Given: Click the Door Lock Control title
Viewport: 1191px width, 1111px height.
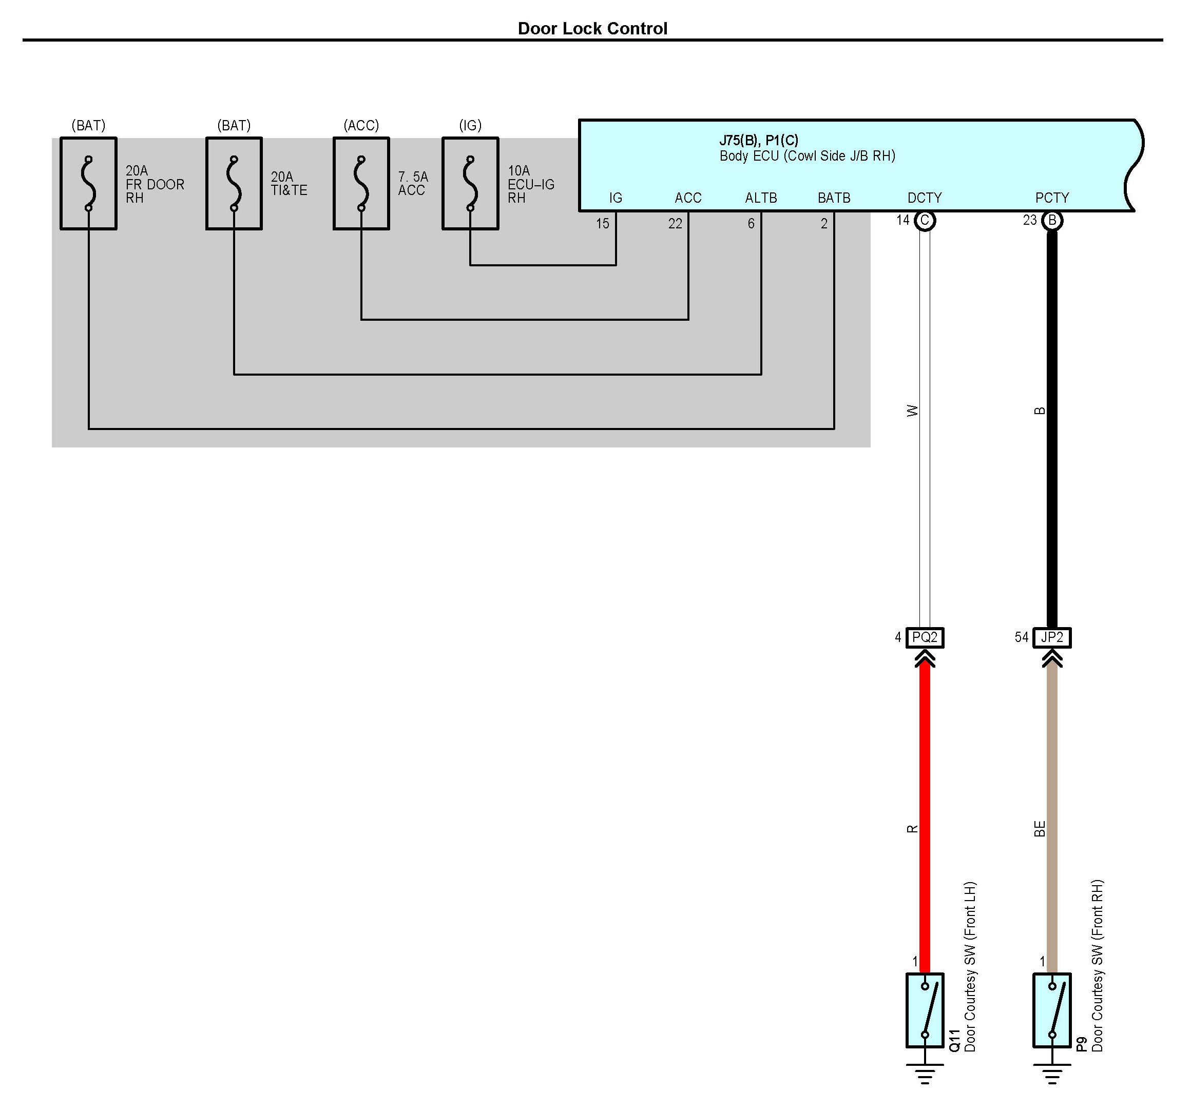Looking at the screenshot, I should (592, 29).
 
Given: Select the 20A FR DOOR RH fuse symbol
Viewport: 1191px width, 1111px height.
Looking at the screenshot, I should (89, 183).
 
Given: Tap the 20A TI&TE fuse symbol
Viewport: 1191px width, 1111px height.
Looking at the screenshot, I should (234, 183).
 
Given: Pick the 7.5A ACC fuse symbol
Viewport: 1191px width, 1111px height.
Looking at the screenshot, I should (361, 183).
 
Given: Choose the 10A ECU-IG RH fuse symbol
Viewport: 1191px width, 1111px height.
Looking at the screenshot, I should (470, 183).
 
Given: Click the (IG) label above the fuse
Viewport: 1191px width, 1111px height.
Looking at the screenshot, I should (470, 125).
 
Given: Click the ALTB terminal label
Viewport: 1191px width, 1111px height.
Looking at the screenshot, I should (761, 198).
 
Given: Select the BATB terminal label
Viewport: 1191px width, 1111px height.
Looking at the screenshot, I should (834, 198).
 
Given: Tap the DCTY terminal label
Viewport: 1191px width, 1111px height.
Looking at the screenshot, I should (925, 198).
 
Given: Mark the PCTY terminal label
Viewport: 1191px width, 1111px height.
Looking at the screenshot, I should (1052, 198).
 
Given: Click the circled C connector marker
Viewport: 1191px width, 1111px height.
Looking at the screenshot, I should (925, 220).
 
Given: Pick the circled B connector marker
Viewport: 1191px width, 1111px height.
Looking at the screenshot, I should (1052, 220).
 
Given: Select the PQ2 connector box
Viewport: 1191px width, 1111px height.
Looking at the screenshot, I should (925, 637).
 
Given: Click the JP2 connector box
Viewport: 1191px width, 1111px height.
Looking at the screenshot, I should (1052, 637).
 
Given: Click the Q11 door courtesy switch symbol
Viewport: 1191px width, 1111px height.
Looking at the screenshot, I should (925, 1010).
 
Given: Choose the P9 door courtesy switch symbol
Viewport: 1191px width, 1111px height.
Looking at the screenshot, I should (1052, 1010).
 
